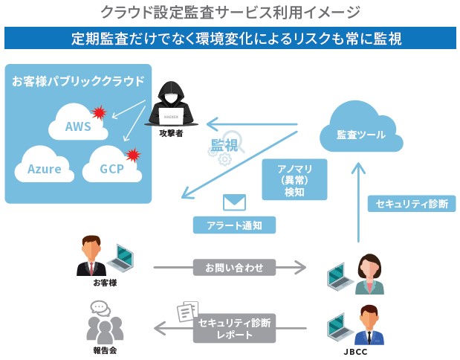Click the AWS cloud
(78, 124)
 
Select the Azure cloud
(45, 167)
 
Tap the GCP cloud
(111, 166)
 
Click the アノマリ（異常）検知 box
(294, 179)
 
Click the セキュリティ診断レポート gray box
(234, 328)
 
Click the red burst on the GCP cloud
(133, 155)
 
